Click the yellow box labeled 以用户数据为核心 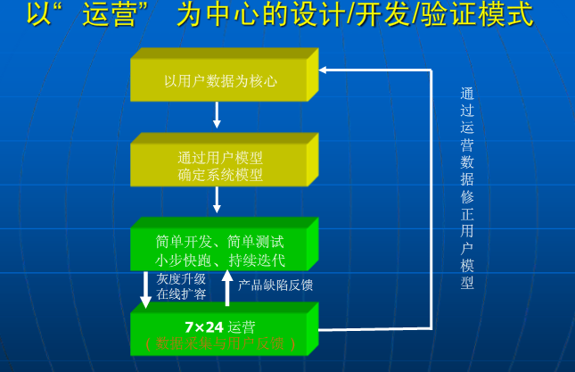coord(220,80)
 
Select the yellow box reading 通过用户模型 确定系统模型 coord(220,166)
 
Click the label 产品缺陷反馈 coord(275,285)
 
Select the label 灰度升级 coord(181,278)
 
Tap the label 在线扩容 coord(181,293)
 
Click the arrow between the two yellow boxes coord(217,115)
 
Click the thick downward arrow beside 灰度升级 coord(146,289)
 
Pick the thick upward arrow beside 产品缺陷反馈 coord(227,289)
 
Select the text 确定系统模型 coord(220,175)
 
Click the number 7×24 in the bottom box coord(204,327)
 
